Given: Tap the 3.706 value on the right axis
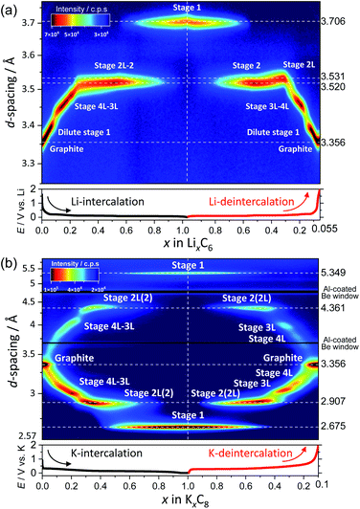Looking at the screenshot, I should point(339,22).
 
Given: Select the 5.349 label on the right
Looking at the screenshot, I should point(339,273).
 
